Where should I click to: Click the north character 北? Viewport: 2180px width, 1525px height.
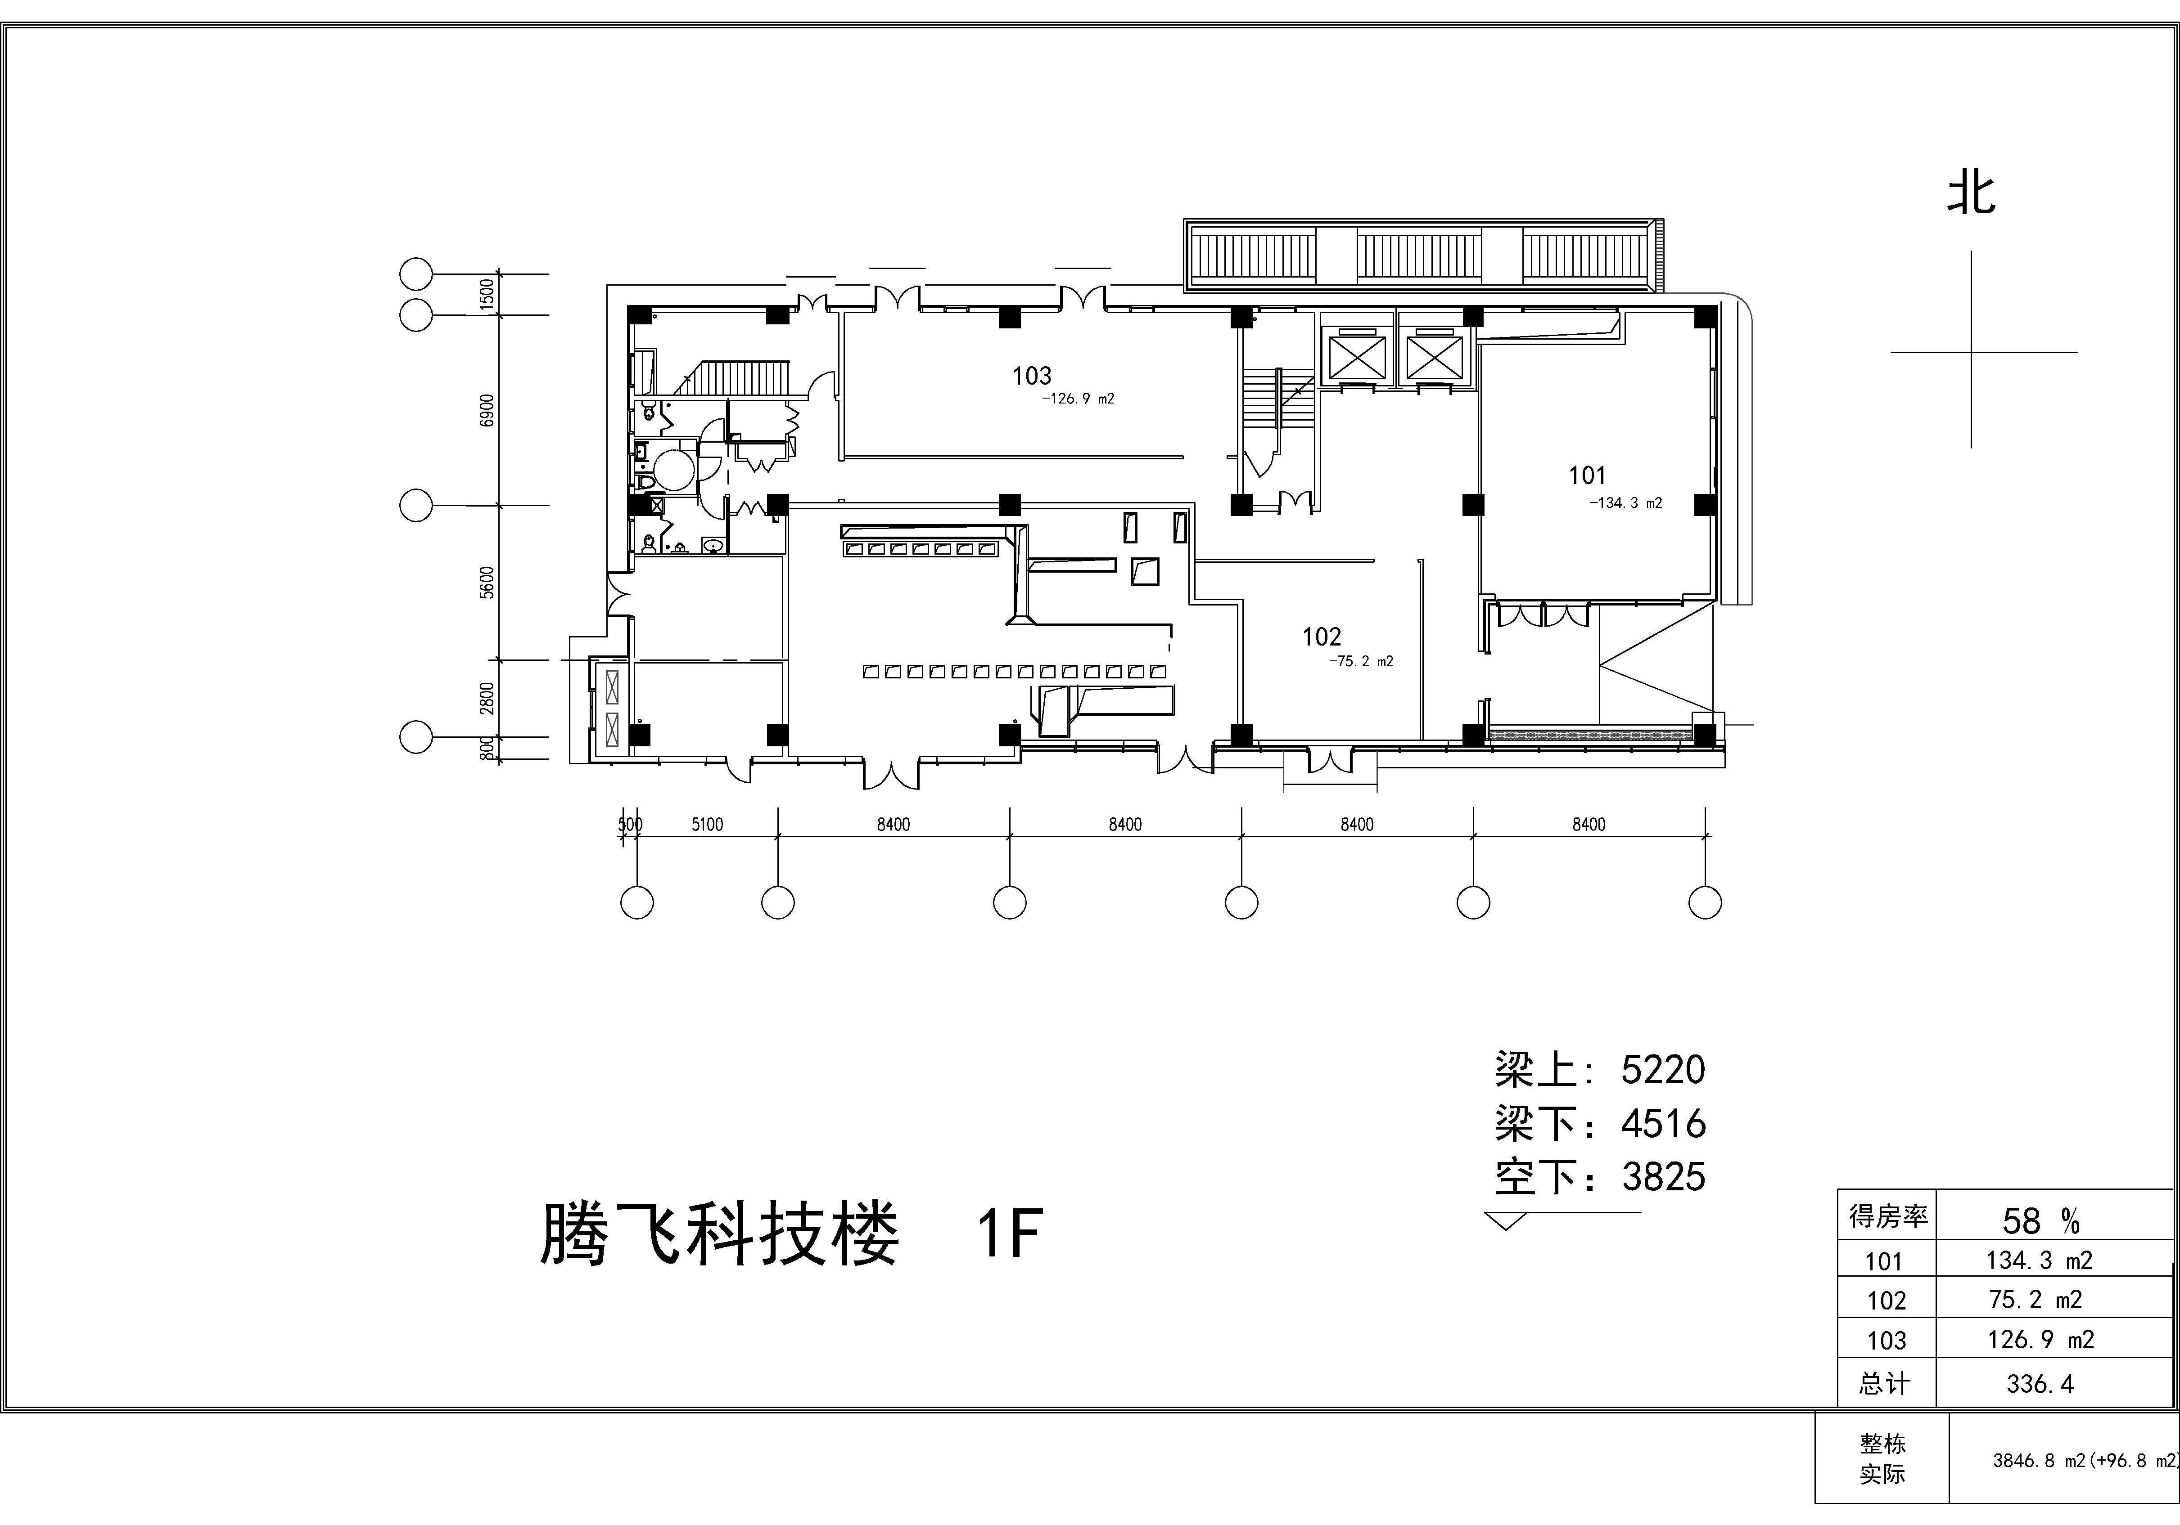[x=1971, y=193]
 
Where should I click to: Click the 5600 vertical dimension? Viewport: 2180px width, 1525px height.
[x=487, y=582]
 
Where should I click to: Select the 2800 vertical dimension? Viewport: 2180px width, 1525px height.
[x=487, y=697]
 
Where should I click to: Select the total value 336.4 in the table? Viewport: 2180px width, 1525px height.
[x=2040, y=1384]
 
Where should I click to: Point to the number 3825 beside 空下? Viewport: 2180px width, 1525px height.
[x=1664, y=1177]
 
